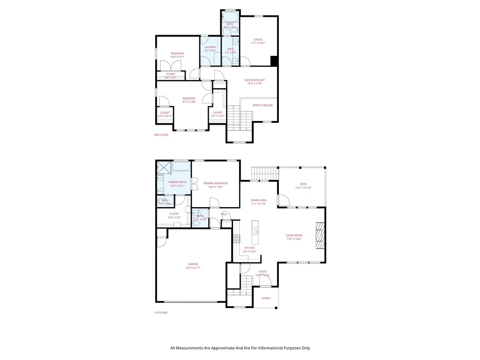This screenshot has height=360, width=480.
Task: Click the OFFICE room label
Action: coord(258,39)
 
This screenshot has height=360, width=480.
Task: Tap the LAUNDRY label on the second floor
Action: coord(210,47)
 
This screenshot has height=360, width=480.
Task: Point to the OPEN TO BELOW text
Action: coord(262,105)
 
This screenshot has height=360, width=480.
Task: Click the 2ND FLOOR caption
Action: coord(161,135)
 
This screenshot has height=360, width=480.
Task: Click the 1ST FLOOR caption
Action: coord(160,312)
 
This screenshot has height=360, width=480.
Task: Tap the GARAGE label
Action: coord(193,264)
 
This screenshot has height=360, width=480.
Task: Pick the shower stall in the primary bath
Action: coord(164,166)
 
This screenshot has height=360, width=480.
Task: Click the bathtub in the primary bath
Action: coord(181,166)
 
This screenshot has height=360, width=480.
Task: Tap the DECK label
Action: coord(303,184)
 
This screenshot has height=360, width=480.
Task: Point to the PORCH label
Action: coord(266,298)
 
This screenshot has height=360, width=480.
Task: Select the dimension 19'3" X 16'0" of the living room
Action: coord(294,239)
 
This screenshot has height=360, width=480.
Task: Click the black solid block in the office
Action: coord(274,61)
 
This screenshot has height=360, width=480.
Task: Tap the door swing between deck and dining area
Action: coord(283,200)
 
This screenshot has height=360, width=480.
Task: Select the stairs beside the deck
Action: coord(262,174)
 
